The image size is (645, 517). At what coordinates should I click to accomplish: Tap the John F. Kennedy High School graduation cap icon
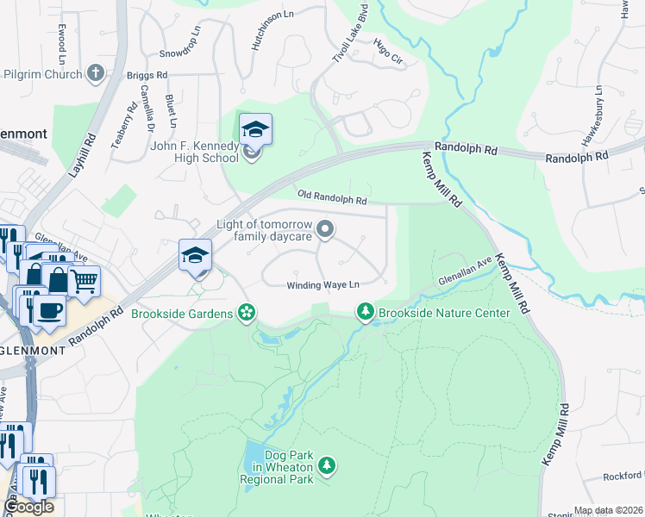[255, 130]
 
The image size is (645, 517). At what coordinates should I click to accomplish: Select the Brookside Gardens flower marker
[247, 312]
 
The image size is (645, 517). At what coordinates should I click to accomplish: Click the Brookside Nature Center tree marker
[366, 311]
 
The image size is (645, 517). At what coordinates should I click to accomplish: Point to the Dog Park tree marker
[326, 466]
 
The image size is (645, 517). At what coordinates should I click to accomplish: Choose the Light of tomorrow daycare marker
[325, 229]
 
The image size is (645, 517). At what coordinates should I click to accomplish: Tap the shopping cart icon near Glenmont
[85, 281]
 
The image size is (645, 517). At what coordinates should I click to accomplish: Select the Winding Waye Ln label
[322, 285]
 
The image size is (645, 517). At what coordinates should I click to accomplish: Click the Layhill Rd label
[84, 155]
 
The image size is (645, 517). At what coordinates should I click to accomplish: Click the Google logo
[28, 507]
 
